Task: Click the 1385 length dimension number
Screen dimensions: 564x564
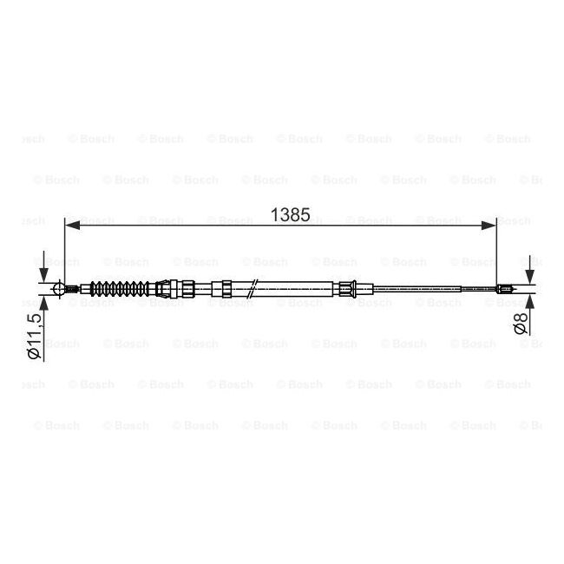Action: (289, 213)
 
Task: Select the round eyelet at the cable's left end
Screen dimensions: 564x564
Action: (59, 288)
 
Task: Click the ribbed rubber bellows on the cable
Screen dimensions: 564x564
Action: (121, 288)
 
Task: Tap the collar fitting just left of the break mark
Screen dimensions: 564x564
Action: (223, 288)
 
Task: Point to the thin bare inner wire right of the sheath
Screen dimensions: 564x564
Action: (434, 290)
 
